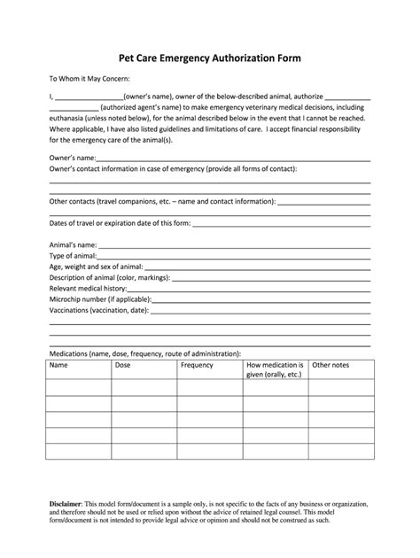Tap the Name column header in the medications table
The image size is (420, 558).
click(58, 365)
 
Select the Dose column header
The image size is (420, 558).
click(123, 365)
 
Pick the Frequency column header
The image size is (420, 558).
click(197, 365)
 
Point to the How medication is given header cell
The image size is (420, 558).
click(276, 369)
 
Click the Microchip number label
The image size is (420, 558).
click(98, 298)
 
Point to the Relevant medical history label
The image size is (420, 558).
click(88, 288)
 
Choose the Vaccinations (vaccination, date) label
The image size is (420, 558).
click(97, 310)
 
